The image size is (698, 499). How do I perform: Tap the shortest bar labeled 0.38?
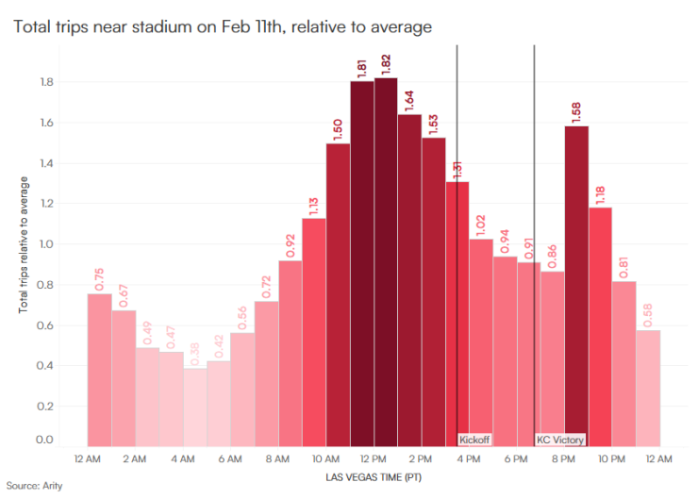click(x=195, y=407)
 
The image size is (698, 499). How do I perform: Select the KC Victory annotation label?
click(x=560, y=440)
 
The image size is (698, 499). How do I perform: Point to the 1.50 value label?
click(x=337, y=127)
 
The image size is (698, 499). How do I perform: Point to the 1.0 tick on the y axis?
click(x=44, y=244)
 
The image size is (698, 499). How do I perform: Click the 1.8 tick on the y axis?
click(x=44, y=83)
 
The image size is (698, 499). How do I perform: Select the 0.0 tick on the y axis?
click(x=44, y=440)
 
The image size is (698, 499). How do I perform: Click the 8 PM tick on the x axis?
click(x=563, y=458)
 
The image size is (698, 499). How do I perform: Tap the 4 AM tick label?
click(x=183, y=458)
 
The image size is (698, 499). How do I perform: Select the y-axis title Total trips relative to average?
click(x=23, y=244)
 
